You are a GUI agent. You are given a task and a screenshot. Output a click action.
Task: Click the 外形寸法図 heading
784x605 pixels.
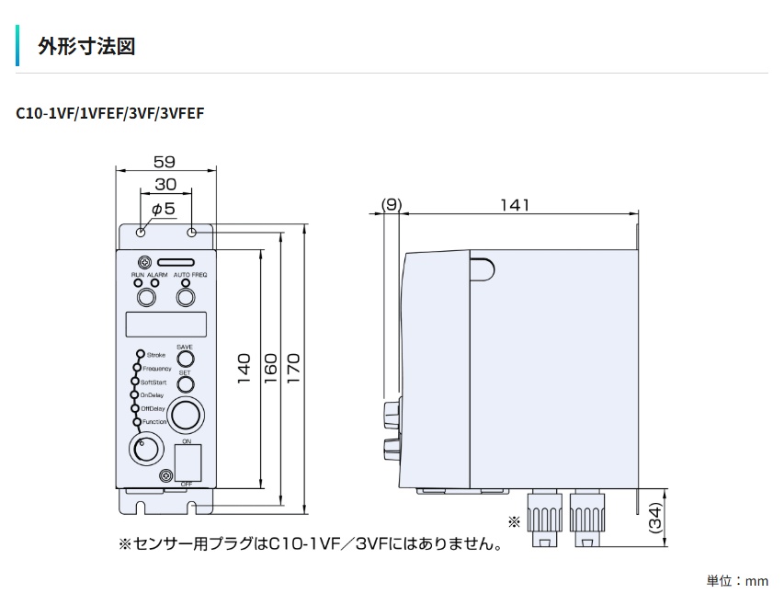86,46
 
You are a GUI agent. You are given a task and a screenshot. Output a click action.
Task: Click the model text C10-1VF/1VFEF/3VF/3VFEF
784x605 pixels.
110,114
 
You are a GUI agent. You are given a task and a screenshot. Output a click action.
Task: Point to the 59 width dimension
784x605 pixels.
165,157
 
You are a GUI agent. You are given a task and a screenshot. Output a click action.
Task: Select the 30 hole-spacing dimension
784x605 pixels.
165,184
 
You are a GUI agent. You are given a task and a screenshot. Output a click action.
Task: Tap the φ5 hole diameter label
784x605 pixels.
163,210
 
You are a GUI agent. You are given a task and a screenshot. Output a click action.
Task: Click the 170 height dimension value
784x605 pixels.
295,370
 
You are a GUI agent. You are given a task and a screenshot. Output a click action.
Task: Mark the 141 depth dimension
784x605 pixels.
515,205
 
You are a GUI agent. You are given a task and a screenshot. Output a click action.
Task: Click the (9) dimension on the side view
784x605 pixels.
391,205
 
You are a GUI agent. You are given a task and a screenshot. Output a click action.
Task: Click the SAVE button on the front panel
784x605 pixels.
185,359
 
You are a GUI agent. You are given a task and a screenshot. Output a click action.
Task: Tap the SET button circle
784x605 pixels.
185,384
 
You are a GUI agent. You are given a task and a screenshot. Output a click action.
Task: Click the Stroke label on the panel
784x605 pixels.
155,354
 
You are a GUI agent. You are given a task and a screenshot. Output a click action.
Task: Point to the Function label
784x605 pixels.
154,421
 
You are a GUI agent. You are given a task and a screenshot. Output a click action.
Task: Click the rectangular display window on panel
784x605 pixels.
166,325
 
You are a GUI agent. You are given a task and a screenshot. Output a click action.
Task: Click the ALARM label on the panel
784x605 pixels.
157,276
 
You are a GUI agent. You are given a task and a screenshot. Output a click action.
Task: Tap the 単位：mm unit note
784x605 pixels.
736,581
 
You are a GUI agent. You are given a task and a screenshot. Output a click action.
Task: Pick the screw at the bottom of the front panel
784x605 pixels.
165,475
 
